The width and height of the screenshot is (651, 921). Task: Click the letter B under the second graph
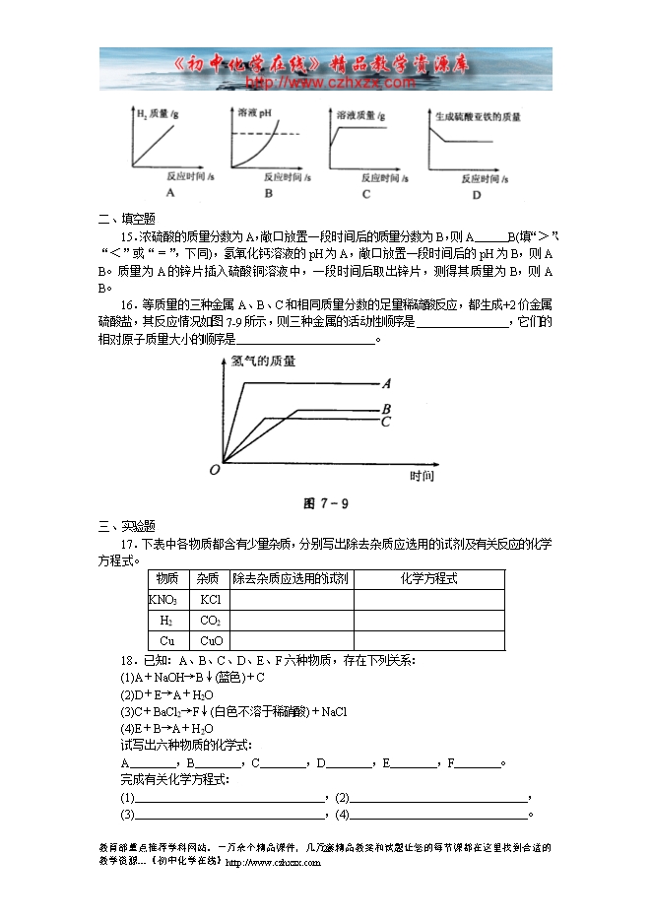click(268, 194)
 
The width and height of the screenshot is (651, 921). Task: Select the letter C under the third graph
click(365, 194)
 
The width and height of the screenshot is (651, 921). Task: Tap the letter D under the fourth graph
click(477, 195)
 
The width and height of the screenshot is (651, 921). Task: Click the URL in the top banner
click(329, 83)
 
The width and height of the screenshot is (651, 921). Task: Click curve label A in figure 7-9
click(387, 384)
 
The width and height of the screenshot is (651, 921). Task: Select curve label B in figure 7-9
click(387, 409)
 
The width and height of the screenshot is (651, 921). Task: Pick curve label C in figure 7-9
click(387, 423)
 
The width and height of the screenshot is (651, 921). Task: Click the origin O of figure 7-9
click(214, 471)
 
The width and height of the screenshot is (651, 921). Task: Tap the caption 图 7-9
click(326, 503)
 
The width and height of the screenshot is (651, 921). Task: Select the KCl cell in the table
click(210, 599)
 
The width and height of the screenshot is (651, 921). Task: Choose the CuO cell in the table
click(210, 640)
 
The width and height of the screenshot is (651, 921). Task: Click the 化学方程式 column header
click(428, 578)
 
